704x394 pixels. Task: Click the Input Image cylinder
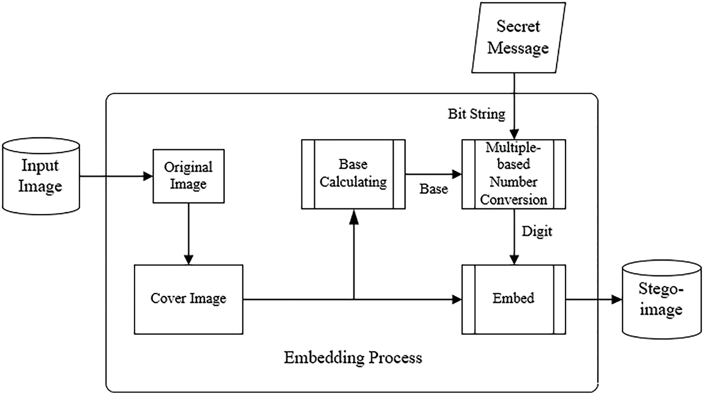click(41, 176)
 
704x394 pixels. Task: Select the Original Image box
click(189, 176)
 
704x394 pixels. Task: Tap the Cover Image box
click(189, 299)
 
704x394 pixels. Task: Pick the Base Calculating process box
click(353, 174)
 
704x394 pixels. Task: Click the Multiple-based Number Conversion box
click(513, 174)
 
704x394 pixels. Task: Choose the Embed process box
click(513, 299)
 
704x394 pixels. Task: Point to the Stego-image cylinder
click(661, 299)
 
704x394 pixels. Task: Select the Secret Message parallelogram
click(518, 37)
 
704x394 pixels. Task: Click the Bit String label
click(476, 114)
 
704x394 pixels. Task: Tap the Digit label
click(537, 231)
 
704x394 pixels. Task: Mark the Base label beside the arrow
click(434, 189)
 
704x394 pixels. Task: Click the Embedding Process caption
click(353, 357)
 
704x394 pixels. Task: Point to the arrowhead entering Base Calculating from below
click(354, 216)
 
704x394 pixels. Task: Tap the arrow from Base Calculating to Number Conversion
click(433, 174)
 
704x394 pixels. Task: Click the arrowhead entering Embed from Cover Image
click(456, 299)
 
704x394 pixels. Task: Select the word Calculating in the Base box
click(353, 182)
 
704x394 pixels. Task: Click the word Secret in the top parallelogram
click(518, 26)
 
